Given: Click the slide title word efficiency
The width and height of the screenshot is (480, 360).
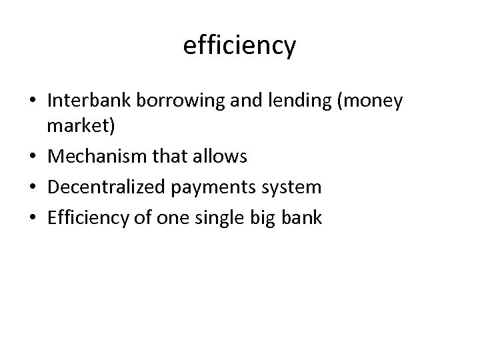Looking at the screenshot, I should click(x=239, y=46).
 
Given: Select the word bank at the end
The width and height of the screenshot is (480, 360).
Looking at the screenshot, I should click(x=303, y=218).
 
